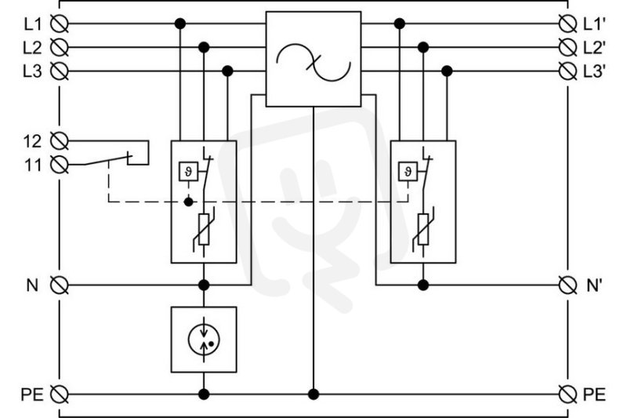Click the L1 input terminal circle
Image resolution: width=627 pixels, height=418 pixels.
[x=60, y=24]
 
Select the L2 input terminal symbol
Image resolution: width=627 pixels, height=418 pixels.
[x=60, y=48]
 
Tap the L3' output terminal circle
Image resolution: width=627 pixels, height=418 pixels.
[x=567, y=71]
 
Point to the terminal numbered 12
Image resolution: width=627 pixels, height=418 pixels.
[x=60, y=141]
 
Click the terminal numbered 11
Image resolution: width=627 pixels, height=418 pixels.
[x=60, y=165]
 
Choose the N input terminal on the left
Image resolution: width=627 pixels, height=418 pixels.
[x=60, y=285]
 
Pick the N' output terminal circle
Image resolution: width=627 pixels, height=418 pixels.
[x=567, y=285]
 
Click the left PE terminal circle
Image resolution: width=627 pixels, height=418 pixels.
[x=60, y=394]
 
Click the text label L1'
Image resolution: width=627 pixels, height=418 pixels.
[x=594, y=24]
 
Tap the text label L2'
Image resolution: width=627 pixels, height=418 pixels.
[x=594, y=48]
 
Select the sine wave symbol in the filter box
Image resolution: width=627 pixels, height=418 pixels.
[x=313, y=63]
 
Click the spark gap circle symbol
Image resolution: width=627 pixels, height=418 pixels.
[x=204, y=340]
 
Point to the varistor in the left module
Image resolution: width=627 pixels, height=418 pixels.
[x=204, y=229]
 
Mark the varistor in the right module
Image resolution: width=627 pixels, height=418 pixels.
[x=423, y=229]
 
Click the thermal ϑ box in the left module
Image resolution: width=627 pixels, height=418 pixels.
[x=188, y=172]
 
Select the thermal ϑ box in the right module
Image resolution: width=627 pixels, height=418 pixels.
[x=408, y=172]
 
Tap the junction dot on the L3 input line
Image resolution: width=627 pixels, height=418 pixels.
[x=227, y=71]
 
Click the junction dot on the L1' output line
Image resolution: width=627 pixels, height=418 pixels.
[x=400, y=24]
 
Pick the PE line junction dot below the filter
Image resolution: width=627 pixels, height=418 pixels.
[x=313, y=394]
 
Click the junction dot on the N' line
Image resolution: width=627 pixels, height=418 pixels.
[x=423, y=285]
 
